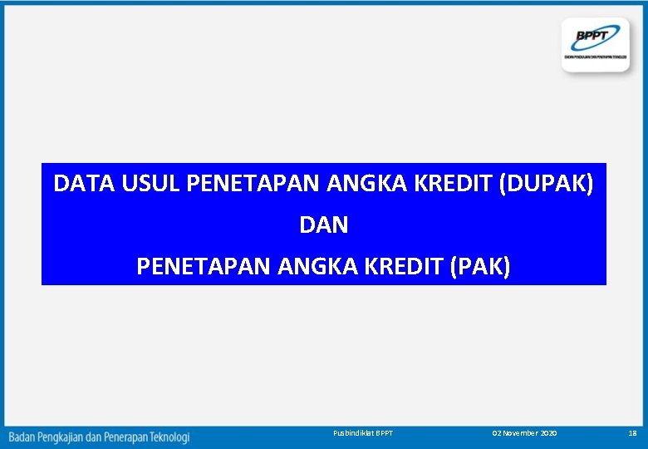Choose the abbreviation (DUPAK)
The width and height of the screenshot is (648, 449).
coord(546,184)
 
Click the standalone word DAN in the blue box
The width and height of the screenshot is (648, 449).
coord(323,225)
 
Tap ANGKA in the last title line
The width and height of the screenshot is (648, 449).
coord(311,267)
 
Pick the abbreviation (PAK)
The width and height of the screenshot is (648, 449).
coord(480,267)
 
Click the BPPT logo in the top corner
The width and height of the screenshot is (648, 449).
coord(596,43)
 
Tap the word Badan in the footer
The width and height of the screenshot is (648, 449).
coord(23,437)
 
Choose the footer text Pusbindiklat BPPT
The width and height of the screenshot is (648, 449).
coord(362,434)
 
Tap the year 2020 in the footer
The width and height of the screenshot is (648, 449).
coord(549,434)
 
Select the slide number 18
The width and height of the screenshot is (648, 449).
coord(632,434)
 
